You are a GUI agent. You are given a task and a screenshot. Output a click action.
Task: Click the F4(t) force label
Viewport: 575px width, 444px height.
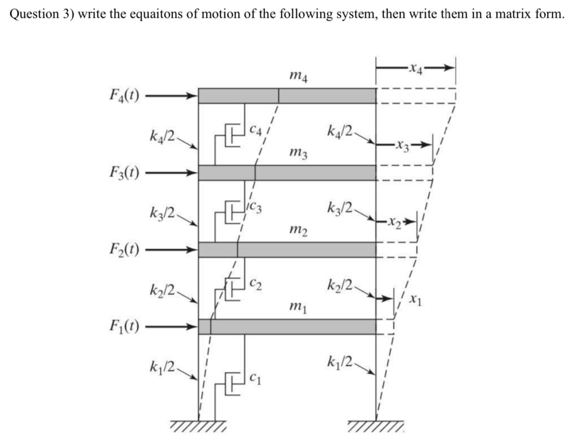pos(123,95)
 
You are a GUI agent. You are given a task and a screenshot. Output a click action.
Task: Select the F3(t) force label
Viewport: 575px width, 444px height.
pos(123,173)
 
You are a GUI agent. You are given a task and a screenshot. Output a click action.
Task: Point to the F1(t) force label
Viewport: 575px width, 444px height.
pos(123,326)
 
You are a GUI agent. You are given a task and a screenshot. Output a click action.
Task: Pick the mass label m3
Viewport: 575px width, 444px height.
pos(300,154)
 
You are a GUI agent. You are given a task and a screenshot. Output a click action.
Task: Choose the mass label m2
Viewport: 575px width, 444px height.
pos(300,230)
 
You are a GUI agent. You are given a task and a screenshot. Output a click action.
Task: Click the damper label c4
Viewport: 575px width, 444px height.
pos(255,131)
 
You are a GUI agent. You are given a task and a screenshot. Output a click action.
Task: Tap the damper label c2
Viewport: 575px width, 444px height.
pos(255,283)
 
